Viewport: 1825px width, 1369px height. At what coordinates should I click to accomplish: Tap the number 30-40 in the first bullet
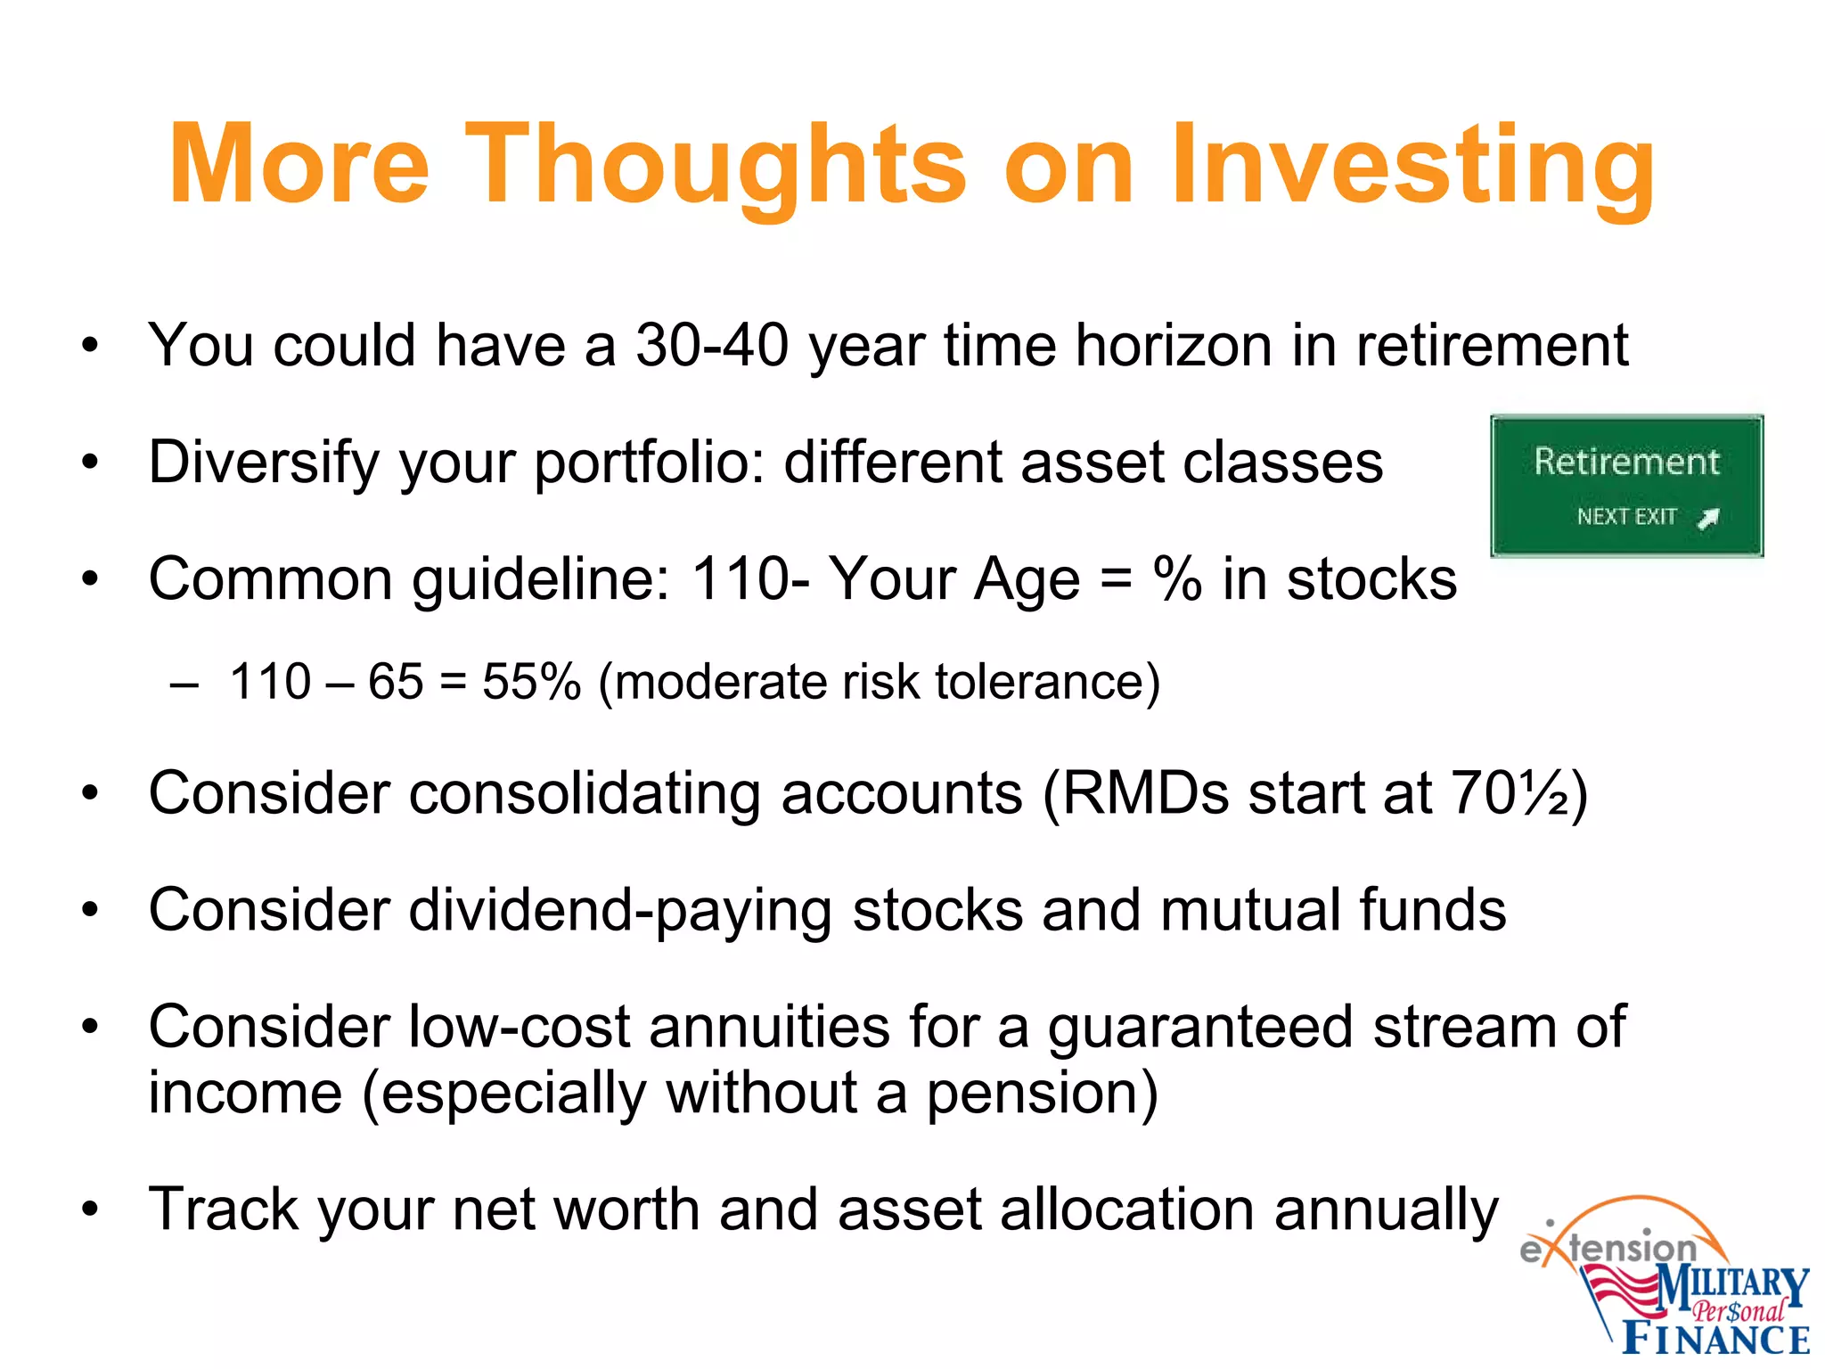712,345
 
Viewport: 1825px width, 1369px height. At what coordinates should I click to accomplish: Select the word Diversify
262,463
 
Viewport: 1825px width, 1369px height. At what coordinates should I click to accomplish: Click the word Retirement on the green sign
1626,462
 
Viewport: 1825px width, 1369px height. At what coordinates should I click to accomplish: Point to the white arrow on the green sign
1708,518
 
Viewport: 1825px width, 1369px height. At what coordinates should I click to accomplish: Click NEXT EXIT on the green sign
1626,517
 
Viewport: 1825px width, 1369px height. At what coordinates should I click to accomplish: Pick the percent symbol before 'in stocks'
1177,579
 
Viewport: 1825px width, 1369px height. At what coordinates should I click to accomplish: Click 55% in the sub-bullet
531,682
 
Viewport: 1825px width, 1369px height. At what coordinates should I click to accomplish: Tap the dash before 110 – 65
184,684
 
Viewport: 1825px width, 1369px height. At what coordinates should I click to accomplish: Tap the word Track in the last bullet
224,1209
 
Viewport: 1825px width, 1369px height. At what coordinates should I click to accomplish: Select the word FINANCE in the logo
1715,1340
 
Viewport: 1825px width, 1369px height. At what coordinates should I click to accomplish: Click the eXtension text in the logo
1608,1248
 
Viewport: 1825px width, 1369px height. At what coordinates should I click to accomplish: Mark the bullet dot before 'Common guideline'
89,579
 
